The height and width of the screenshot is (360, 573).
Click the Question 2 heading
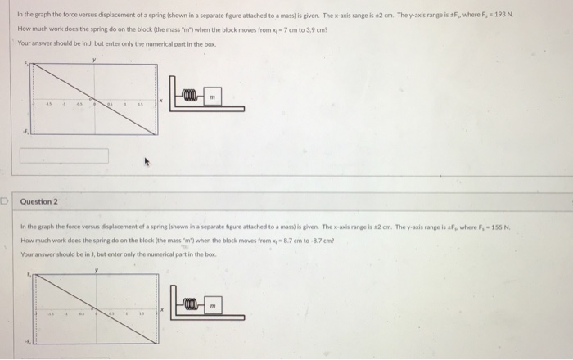click(38, 201)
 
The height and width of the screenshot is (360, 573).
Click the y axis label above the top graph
click(94, 59)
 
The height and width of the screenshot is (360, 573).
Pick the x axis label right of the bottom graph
click(161, 310)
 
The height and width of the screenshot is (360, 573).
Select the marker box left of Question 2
click(5, 200)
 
